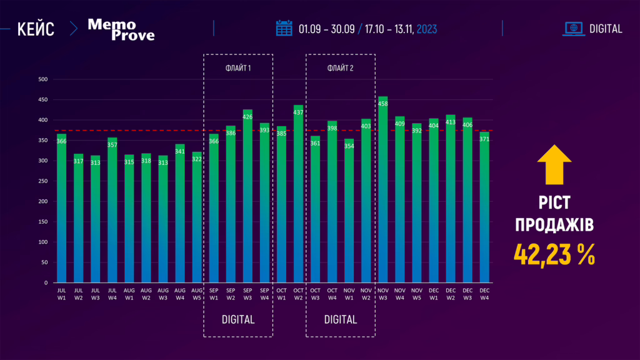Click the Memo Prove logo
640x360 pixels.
click(x=121, y=29)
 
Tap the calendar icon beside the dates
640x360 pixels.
click(x=284, y=28)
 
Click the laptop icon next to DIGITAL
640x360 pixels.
click(x=573, y=28)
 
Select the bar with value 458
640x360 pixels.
click(x=383, y=191)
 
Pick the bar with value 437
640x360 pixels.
click(x=298, y=194)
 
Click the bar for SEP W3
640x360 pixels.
click(x=247, y=196)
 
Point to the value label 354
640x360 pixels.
click(x=349, y=146)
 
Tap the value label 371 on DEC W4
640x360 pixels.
click(x=484, y=139)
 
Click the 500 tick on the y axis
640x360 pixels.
click(x=43, y=79)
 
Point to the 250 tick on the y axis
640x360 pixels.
click(x=43, y=181)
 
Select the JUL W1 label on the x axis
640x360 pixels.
click(x=62, y=294)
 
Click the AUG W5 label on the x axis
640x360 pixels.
click(x=197, y=294)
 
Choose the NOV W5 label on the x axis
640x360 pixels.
click(x=417, y=294)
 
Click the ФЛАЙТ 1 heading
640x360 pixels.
click(x=238, y=67)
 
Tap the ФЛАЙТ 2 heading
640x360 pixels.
click(x=341, y=67)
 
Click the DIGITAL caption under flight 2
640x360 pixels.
click(x=341, y=320)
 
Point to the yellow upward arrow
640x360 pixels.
click(x=554, y=165)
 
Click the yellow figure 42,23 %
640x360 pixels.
click(x=554, y=254)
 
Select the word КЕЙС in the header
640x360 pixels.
click(x=36, y=29)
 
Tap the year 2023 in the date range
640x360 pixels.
click(x=427, y=29)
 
